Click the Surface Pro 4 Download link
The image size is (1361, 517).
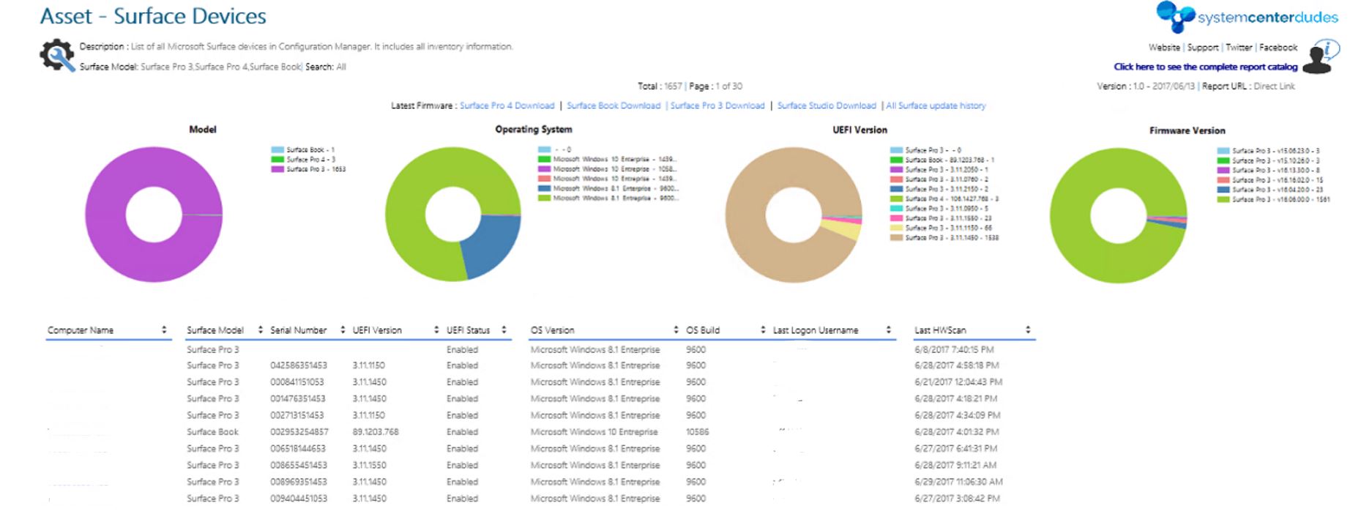[x=507, y=105]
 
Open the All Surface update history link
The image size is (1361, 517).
[x=936, y=105]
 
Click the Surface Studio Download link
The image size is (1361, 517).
[x=827, y=105]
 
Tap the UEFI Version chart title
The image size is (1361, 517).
[x=860, y=130]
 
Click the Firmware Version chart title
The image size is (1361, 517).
[x=1187, y=130]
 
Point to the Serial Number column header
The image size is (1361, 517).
[x=298, y=330]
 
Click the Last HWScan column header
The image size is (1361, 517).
[x=940, y=330]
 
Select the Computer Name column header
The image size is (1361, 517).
[x=81, y=330]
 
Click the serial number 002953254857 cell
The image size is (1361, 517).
[x=299, y=432]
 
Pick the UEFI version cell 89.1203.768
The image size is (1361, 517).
[x=376, y=432]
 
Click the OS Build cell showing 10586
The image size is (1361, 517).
[x=697, y=432]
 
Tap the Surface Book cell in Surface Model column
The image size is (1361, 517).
[x=212, y=432]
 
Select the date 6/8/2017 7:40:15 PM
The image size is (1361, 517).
[x=954, y=350]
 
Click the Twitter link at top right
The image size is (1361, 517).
[x=1239, y=48]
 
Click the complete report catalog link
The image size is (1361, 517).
[x=1205, y=67]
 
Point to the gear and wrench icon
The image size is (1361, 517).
[x=57, y=56]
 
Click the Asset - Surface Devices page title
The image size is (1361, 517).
[x=153, y=16]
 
